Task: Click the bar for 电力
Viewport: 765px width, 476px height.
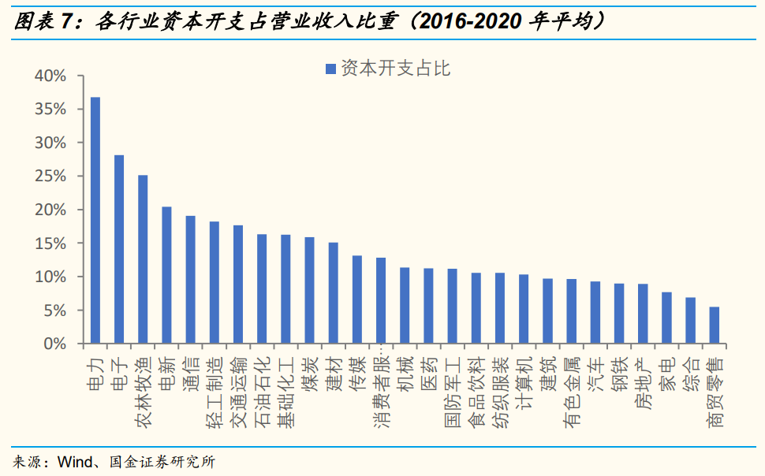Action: [95, 221]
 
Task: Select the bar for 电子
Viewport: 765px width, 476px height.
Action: [119, 249]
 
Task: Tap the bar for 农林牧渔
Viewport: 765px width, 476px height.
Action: [143, 259]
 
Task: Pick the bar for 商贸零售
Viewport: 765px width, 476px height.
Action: [714, 325]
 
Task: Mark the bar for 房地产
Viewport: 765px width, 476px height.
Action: [643, 314]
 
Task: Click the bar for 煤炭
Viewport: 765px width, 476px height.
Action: [309, 290]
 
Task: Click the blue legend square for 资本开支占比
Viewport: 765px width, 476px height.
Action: [330, 69]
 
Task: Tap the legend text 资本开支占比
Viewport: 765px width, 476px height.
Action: [395, 69]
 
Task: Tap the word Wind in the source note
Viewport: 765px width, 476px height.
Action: [74, 462]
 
